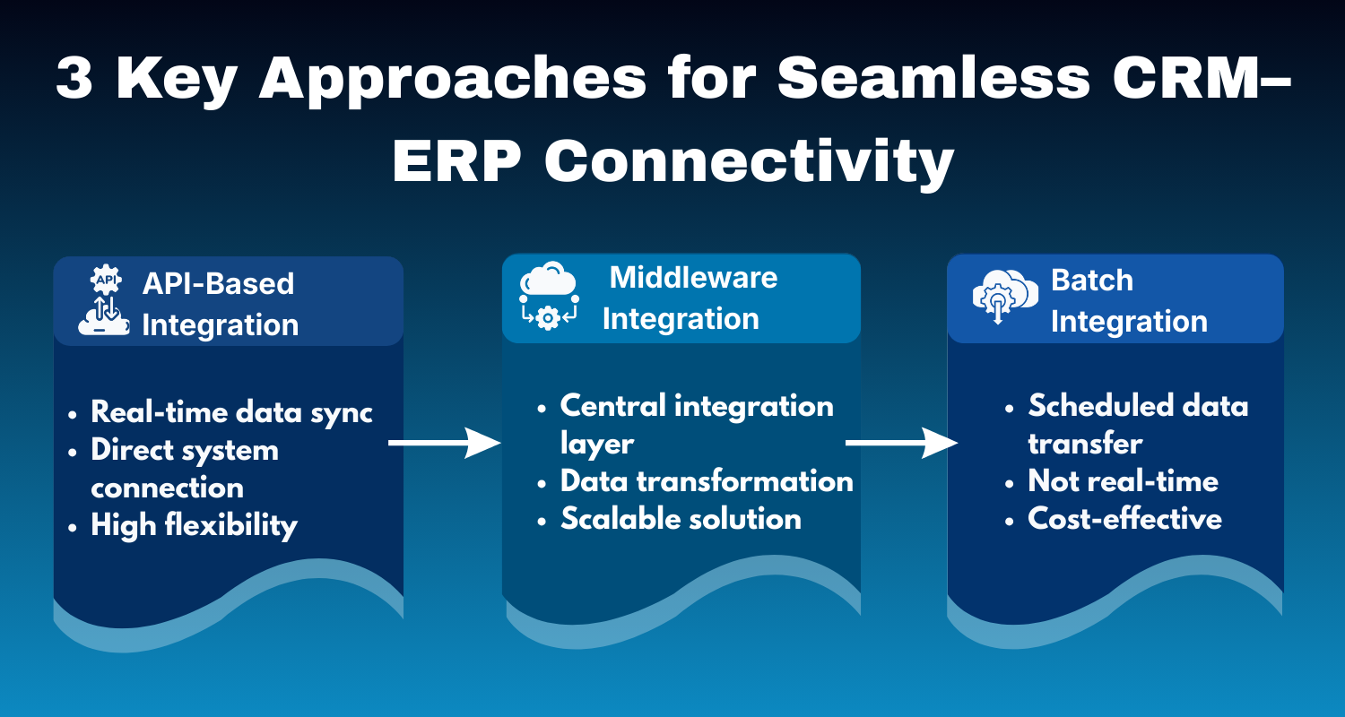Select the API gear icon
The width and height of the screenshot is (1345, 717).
(x=105, y=281)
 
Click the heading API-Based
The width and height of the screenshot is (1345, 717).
(x=218, y=283)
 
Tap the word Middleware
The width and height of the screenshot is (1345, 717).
(x=693, y=277)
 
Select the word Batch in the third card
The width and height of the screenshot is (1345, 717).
(x=1091, y=280)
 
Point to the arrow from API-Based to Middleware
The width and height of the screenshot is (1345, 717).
(x=444, y=443)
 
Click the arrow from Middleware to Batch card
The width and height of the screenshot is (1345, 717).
(x=901, y=443)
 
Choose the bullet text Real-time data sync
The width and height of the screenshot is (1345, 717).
(x=231, y=412)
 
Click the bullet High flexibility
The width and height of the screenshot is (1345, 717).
(x=194, y=525)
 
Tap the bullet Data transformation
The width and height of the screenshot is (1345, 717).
(x=706, y=481)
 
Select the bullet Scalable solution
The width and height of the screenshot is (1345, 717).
(x=681, y=519)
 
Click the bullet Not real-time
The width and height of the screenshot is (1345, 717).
(x=1123, y=481)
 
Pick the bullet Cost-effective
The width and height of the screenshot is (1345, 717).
(x=1124, y=519)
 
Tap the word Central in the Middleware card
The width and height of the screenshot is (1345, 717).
(x=612, y=406)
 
